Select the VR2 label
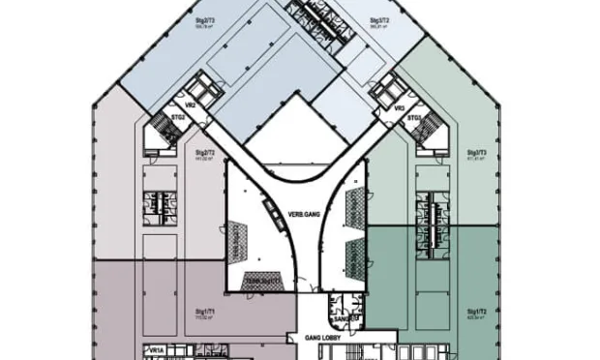pos(191,105)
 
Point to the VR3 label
pos(399,109)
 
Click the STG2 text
pos(178,118)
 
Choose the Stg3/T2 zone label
pos(378,20)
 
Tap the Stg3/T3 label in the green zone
pos(476,152)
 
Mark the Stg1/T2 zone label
pos(476,313)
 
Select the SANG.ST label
pos(345,316)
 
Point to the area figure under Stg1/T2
pos(476,318)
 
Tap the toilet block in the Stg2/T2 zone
pos(156,202)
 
